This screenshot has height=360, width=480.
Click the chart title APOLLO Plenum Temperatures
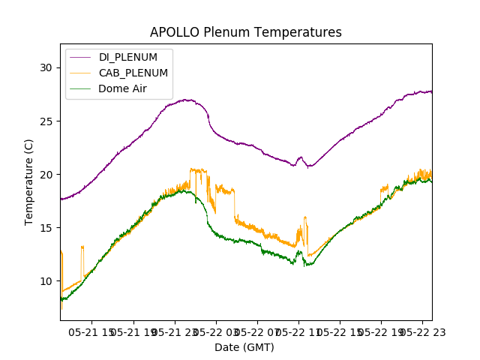coord(246,32)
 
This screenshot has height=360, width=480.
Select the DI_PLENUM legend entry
coord(128,57)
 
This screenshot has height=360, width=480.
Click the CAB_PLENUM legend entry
coord(133,73)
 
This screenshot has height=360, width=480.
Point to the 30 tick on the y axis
coord(46,67)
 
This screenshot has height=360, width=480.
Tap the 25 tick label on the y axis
coord(46,121)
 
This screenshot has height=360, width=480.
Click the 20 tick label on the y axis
coord(46,174)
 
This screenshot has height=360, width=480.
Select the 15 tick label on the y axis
coord(46,227)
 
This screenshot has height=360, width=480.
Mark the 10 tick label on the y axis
coord(46,280)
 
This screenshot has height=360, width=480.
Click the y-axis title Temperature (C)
coord(29,181)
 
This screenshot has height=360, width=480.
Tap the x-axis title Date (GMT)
coord(244,347)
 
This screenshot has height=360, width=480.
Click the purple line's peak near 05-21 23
coord(187,100)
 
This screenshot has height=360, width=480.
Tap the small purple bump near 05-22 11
coord(301,157)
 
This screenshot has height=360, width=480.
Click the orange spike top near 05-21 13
coord(82,246)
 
